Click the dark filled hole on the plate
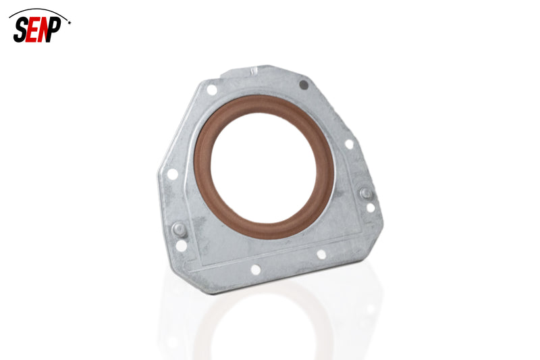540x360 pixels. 304,85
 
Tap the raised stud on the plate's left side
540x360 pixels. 179,229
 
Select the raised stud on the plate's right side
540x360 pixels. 365,193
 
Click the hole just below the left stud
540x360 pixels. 181,247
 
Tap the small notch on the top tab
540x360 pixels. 254,70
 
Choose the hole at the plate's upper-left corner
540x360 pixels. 212,89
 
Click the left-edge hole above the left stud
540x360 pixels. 173,174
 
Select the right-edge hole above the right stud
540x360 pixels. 349,144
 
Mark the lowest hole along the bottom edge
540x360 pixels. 256,269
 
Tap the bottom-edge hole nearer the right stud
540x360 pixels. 321,255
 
